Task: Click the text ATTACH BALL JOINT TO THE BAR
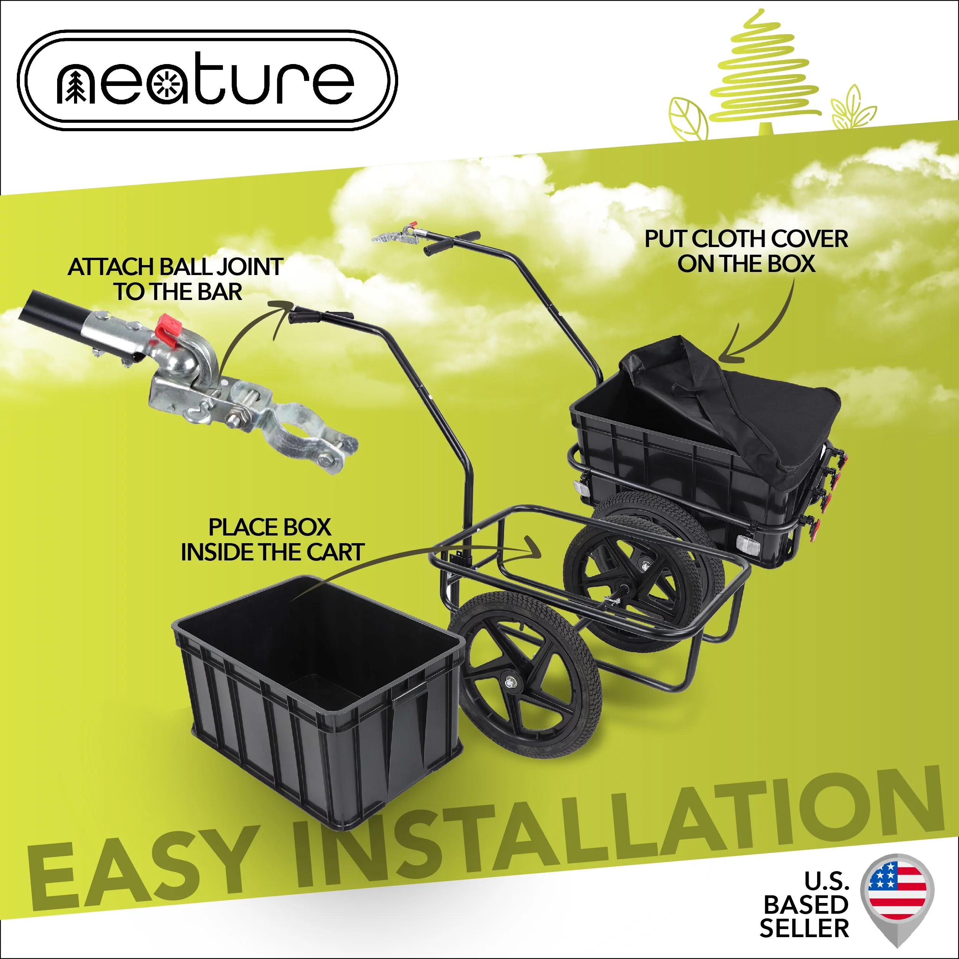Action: tap(176, 279)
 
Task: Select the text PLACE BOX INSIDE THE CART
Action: tap(272, 540)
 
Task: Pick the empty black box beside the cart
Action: tap(318, 695)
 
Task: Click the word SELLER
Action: tap(804, 928)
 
